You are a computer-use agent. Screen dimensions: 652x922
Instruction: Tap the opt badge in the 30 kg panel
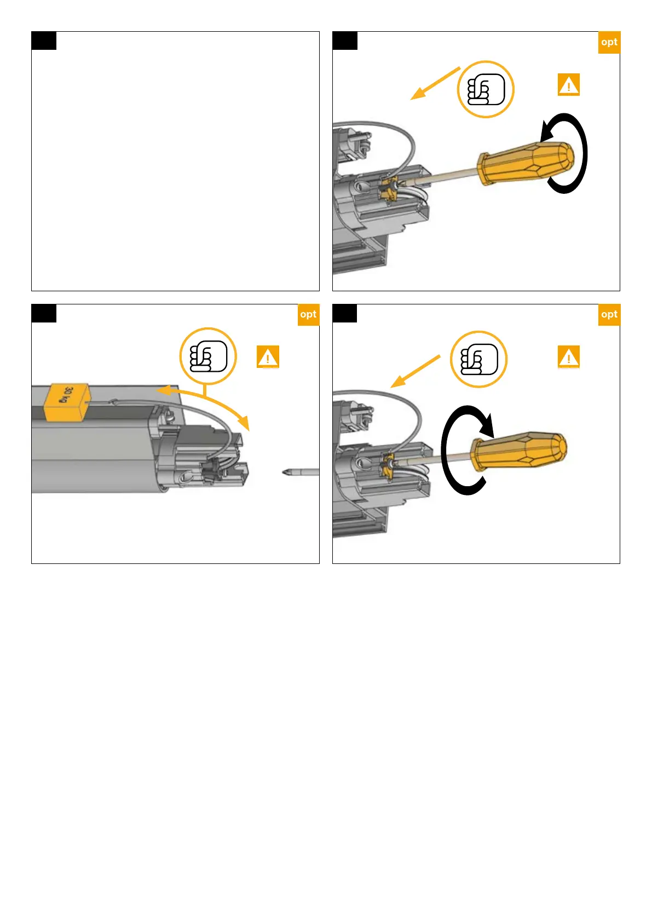coord(308,314)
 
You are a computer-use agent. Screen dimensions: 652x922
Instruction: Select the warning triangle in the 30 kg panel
coord(268,356)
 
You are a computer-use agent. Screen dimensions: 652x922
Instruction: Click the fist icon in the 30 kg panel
coord(208,356)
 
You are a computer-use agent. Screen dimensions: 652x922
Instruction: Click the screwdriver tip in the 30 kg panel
coord(301,472)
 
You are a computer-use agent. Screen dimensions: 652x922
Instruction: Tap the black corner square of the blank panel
coord(44,41)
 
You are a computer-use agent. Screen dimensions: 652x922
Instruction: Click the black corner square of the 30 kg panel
coord(44,313)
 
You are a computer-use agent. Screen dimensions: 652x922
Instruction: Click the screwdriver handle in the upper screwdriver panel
coord(526,163)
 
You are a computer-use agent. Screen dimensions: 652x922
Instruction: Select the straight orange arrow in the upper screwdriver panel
coord(435,84)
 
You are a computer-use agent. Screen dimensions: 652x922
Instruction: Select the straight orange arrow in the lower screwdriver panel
coord(416,372)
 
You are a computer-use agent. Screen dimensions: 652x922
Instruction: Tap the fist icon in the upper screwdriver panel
coord(486,89)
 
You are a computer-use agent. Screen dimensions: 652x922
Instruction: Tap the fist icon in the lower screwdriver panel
coord(478,359)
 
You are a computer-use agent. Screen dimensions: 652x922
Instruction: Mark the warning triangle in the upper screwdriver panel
coord(569,85)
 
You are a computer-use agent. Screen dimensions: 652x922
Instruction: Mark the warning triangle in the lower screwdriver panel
coord(569,356)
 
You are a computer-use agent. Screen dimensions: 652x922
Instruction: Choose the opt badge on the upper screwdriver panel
coord(609,42)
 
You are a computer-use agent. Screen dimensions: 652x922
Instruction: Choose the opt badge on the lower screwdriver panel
coord(609,314)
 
